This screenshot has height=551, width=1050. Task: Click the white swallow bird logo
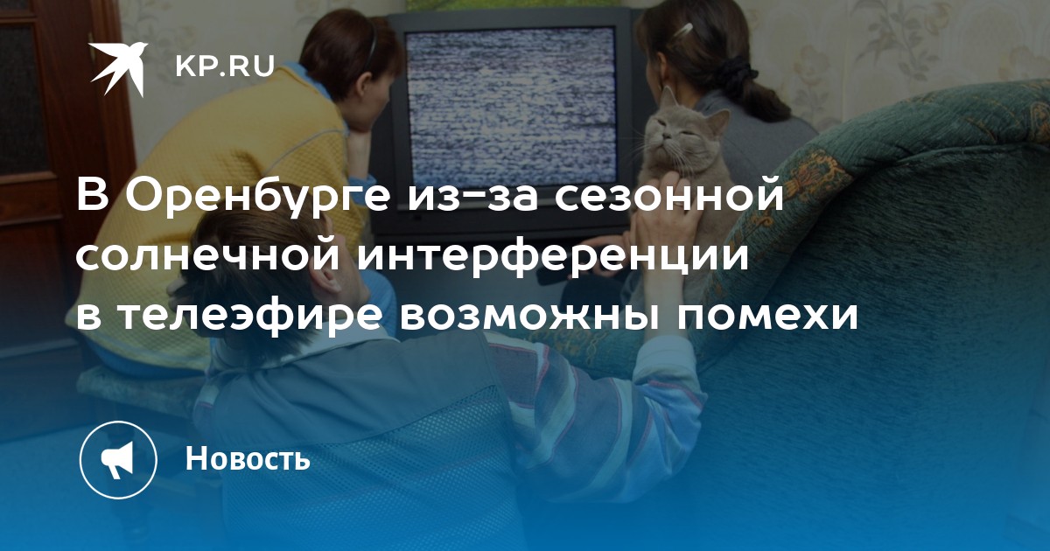click(117, 68)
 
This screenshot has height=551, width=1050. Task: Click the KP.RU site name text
click(225, 66)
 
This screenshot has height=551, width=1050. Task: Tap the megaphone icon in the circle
click(117, 460)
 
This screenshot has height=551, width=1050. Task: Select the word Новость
click(248, 458)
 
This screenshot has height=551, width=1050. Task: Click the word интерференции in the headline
click(553, 259)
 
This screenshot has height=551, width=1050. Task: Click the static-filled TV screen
click(511, 106)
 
